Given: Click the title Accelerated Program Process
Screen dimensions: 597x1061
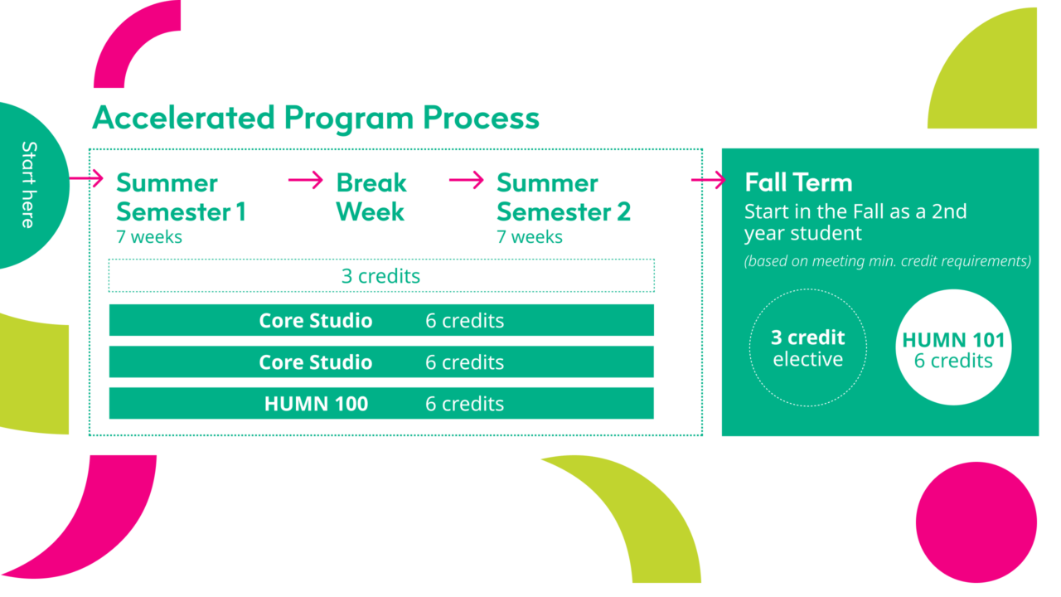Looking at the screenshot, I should pyautogui.click(x=315, y=118).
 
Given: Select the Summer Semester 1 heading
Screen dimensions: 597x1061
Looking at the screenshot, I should pyautogui.click(x=181, y=197).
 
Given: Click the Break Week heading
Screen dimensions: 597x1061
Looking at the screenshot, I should pyautogui.click(x=371, y=197).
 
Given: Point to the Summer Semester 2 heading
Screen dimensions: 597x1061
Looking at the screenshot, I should pyautogui.click(x=564, y=197).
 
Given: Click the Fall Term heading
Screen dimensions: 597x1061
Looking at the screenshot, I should pyautogui.click(x=798, y=182).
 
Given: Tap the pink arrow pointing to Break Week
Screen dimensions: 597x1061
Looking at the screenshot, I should pyautogui.click(x=305, y=180).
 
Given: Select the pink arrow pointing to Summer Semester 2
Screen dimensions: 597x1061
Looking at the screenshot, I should pyautogui.click(x=466, y=180).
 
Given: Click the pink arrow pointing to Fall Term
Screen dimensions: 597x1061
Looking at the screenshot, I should pyautogui.click(x=708, y=181).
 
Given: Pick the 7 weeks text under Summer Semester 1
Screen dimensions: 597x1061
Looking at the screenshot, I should pyautogui.click(x=149, y=237).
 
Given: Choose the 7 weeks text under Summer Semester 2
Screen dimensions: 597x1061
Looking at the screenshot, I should pyautogui.click(x=530, y=237).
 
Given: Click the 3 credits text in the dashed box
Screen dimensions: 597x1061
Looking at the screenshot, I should pyautogui.click(x=380, y=276).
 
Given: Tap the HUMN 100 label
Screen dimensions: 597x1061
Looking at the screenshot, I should pyautogui.click(x=316, y=404).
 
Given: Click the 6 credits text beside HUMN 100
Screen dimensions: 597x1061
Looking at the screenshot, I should pyautogui.click(x=464, y=404).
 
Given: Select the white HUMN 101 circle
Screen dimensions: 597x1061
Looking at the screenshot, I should pyautogui.click(x=953, y=348).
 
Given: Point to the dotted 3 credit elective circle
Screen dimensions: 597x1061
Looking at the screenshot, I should pyautogui.click(x=807, y=348).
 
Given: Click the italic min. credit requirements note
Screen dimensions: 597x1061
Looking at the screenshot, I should pyautogui.click(x=887, y=261).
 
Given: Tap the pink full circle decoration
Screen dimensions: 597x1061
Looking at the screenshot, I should pyautogui.click(x=976, y=522).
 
